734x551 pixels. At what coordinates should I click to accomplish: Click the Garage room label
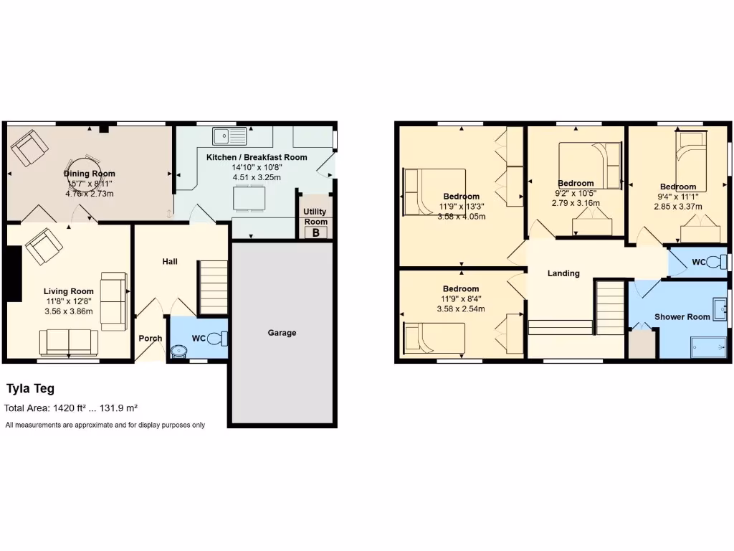pos(282,333)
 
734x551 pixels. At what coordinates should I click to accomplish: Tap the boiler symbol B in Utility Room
pos(315,232)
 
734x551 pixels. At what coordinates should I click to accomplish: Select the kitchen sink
pos(229,134)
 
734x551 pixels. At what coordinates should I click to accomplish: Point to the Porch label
pos(151,339)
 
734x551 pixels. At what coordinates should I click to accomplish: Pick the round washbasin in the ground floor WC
pos(178,351)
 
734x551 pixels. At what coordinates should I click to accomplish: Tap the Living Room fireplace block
pos(13,273)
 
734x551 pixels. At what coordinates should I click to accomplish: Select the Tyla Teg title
pos(30,389)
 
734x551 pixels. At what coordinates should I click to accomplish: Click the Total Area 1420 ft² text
pos(71,408)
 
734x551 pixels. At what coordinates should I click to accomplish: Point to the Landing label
pos(563,273)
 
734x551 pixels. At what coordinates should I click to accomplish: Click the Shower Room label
pos(682,316)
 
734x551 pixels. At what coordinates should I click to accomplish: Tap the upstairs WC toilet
pos(714,263)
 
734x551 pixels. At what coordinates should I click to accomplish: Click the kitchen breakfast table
pos(248,197)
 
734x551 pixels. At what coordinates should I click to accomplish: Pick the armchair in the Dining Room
pos(29,149)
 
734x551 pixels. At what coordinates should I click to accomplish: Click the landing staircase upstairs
pos(611,307)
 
